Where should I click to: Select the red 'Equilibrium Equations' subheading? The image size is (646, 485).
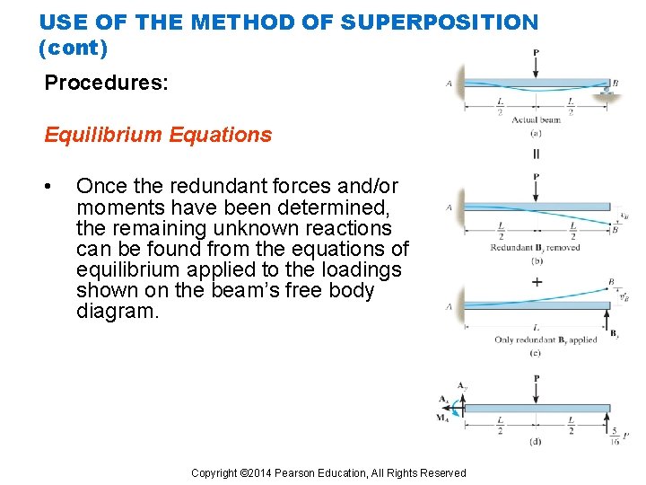[158, 135]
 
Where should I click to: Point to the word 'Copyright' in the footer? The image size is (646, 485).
[214, 473]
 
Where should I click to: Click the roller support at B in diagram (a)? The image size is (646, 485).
[607, 92]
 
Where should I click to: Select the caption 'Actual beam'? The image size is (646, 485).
[535, 119]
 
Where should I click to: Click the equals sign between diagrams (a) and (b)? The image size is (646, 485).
[536, 154]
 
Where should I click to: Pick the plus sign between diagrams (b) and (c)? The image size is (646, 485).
[537, 281]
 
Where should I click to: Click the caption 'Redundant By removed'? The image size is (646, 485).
[535, 247]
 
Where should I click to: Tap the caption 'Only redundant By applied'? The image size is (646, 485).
[545, 340]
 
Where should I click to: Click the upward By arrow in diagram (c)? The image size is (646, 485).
[607, 319]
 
